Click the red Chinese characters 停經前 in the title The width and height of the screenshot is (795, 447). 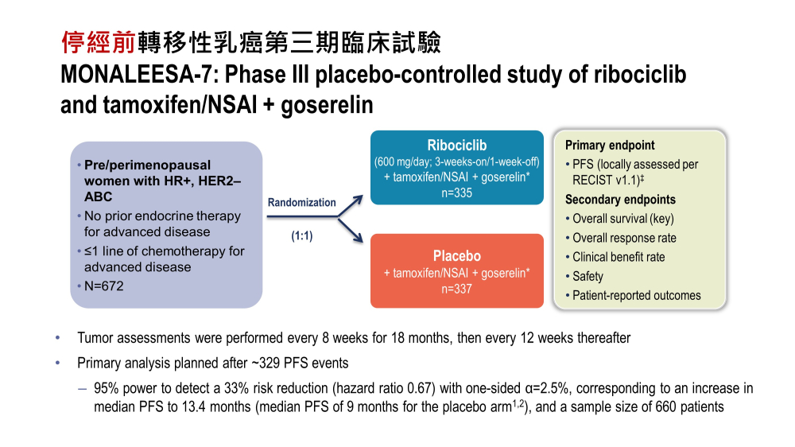(x=98, y=42)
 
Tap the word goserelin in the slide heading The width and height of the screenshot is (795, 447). (x=327, y=105)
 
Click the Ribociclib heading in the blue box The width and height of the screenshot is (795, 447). (x=457, y=146)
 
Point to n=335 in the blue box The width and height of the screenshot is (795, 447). (x=456, y=192)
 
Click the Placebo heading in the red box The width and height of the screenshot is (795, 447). (x=457, y=256)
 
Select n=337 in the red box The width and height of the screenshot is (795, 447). (x=456, y=289)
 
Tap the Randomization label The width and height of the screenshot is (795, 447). (x=301, y=203)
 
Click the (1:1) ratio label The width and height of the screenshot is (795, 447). (x=301, y=236)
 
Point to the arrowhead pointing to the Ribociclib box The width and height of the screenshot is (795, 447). (x=359, y=200)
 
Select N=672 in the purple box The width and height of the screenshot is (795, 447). (x=104, y=286)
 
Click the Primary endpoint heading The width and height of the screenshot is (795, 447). (x=610, y=145)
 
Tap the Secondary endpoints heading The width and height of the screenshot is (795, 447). (x=621, y=200)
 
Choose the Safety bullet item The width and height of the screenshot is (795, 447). (x=588, y=277)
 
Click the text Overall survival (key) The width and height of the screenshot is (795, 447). (x=623, y=219)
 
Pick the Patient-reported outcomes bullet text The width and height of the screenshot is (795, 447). (x=636, y=295)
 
